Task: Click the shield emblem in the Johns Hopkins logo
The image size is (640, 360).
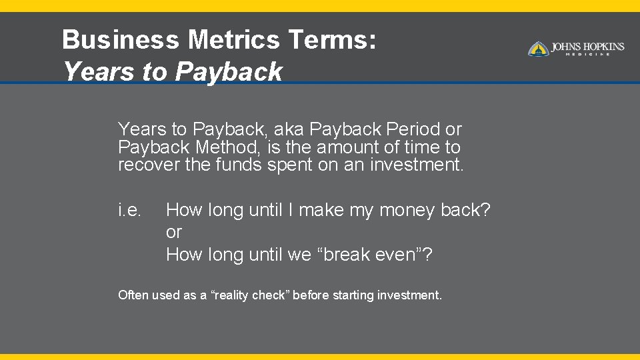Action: pos(538,49)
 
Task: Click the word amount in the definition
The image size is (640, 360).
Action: pos(351,147)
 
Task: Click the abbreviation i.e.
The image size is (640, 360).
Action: pos(129,211)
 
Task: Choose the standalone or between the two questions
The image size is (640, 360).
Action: pos(173,233)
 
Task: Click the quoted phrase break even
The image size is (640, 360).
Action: pos(374,255)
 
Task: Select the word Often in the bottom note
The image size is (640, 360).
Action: pos(133,295)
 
